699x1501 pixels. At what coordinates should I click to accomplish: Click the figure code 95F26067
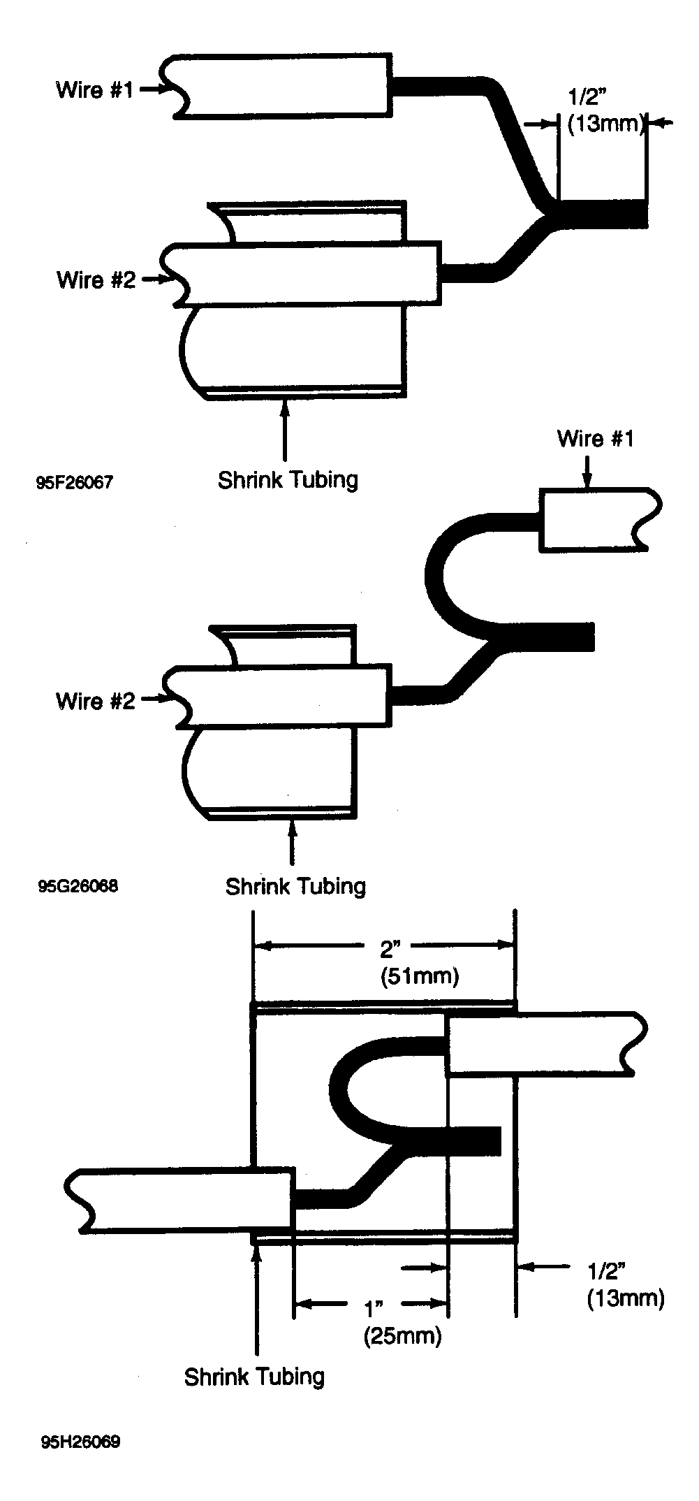point(74,482)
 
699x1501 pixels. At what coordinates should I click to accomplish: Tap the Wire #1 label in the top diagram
point(94,89)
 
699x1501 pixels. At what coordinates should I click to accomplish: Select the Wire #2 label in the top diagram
point(96,280)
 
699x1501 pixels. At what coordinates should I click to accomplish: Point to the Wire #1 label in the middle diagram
point(596,439)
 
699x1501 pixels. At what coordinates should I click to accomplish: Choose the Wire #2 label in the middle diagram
point(95,700)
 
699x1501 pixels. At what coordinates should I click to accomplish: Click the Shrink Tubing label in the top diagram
point(288,480)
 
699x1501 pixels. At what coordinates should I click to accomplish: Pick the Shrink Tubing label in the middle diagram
point(295,886)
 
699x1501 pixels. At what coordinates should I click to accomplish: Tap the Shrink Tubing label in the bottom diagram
point(254,1376)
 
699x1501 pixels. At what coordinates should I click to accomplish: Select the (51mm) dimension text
point(420,976)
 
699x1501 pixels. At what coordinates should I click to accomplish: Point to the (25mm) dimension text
point(402,1336)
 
